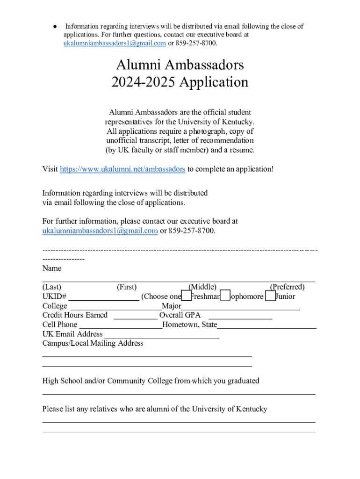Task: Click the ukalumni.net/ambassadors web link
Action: pyautogui.click(x=122, y=169)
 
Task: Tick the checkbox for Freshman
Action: pyautogui.click(x=186, y=296)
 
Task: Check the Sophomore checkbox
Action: pyautogui.click(x=225, y=296)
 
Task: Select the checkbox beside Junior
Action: pyautogui.click(x=270, y=296)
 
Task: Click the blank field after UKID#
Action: pyautogui.click(x=103, y=297)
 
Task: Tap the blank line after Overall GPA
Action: pyautogui.click(x=240, y=315)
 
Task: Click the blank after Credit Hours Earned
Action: pyautogui.click(x=135, y=315)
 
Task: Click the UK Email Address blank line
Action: pyautogui.click(x=162, y=334)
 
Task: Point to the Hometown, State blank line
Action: pyautogui.click(x=266, y=325)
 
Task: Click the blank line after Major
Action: pyautogui.click(x=240, y=306)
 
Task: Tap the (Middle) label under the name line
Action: pyautogui.click(x=202, y=287)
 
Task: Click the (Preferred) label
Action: pyautogui.click(x=287, y=287)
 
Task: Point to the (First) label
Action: pyautogui.click(x=127, y=287)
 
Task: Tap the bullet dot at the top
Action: pyautogui.click(x=55, y=27)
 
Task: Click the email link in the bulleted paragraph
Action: pyautogui.click(x=115, y=43)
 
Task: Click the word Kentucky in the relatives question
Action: pyautogui.click(x=252, y=409)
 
